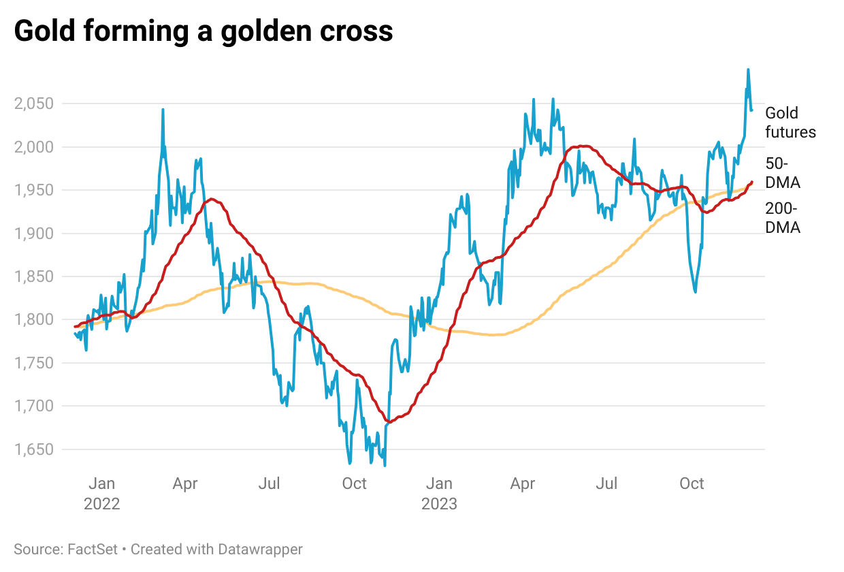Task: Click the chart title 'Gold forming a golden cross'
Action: pos(204,31)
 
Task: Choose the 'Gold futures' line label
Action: pos(790,122)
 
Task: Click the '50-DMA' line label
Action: pos(783,173)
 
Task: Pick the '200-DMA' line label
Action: pos(783,219)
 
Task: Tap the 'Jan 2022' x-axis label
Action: pos(102,494)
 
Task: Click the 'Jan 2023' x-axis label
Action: pos(439,494)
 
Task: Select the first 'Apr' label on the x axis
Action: pos(185,483)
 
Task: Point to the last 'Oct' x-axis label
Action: pos(692,483)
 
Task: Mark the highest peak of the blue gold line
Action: pos(748,69)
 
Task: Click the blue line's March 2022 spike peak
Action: pos(163,110)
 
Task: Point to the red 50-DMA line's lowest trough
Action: pos(389,422)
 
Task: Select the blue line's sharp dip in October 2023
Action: pos(695,292)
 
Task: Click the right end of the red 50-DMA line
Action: pos(751,182)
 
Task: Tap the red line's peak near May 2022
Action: pos(212,200)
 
